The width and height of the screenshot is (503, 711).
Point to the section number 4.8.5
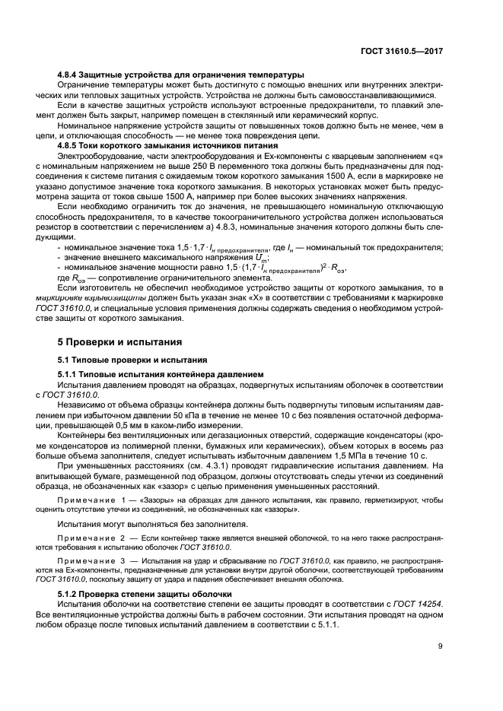tap(71, 145)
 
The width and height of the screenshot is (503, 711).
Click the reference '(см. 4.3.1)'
tap(191, 463)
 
